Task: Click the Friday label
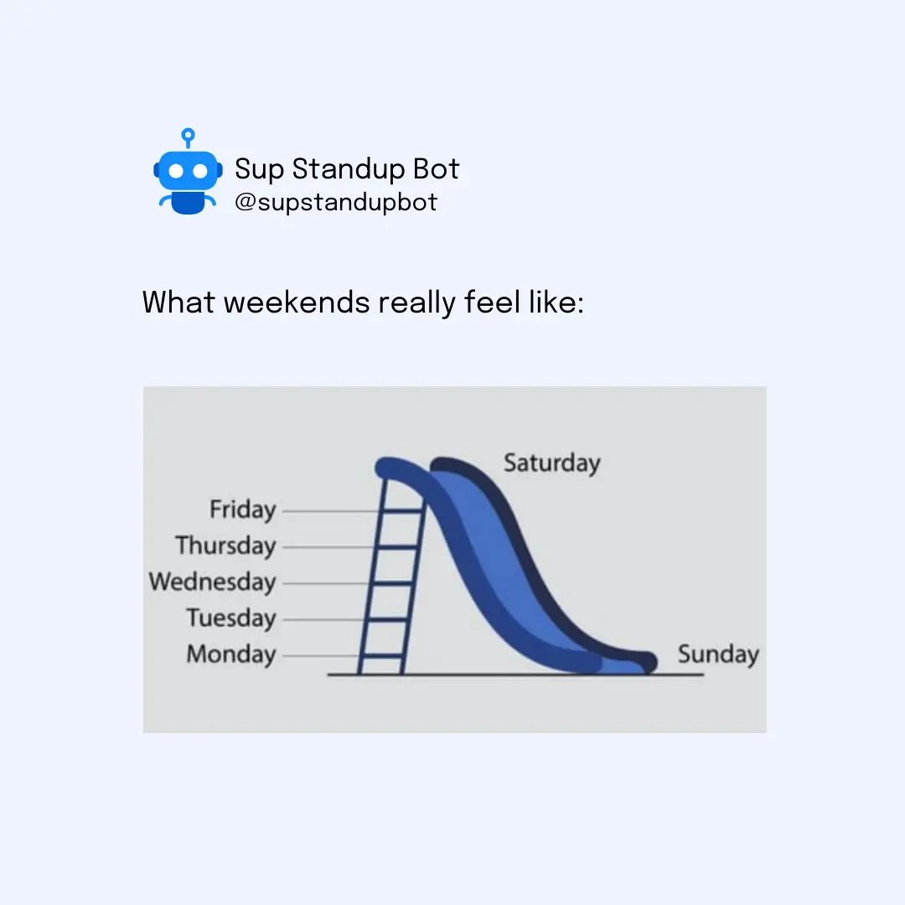coord(242,510)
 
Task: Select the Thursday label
coord(225,546)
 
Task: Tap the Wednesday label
coord(212,582)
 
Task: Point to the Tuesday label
coord(231,618)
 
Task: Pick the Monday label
coord(231,654)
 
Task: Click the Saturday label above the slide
coord(551,463)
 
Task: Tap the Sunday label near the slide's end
coord(718,654)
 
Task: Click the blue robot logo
coord(189,172)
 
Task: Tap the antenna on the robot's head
coord(189,138)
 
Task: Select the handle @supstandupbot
coord(336,202)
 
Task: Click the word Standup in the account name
coord(348,169)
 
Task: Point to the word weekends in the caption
coord(297,302)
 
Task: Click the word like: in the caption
coord(556,302)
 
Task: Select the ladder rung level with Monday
coord(381,655)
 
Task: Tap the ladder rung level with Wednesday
coord(392,583)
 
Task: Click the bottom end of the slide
coord(649,663)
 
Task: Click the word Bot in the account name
coord(437,169)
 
